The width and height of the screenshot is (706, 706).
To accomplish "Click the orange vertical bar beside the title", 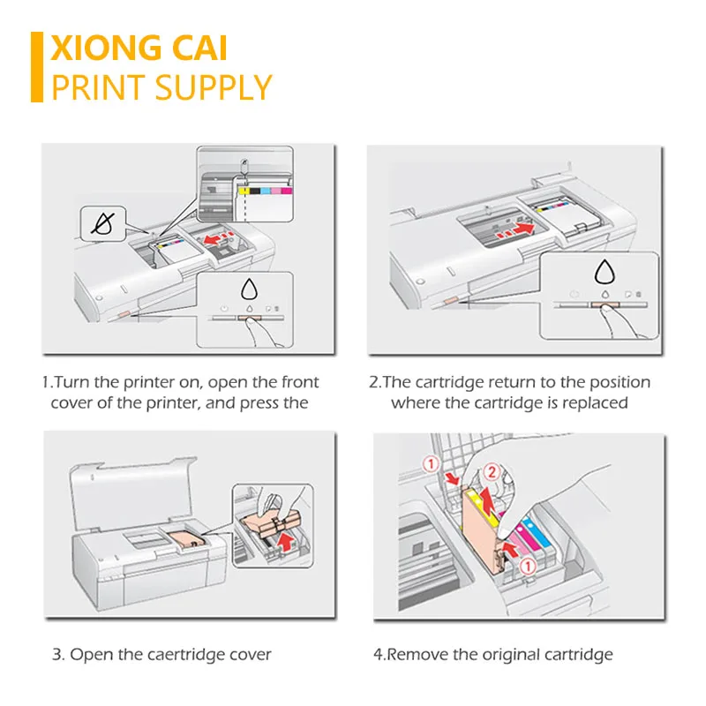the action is click(37, 67).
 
